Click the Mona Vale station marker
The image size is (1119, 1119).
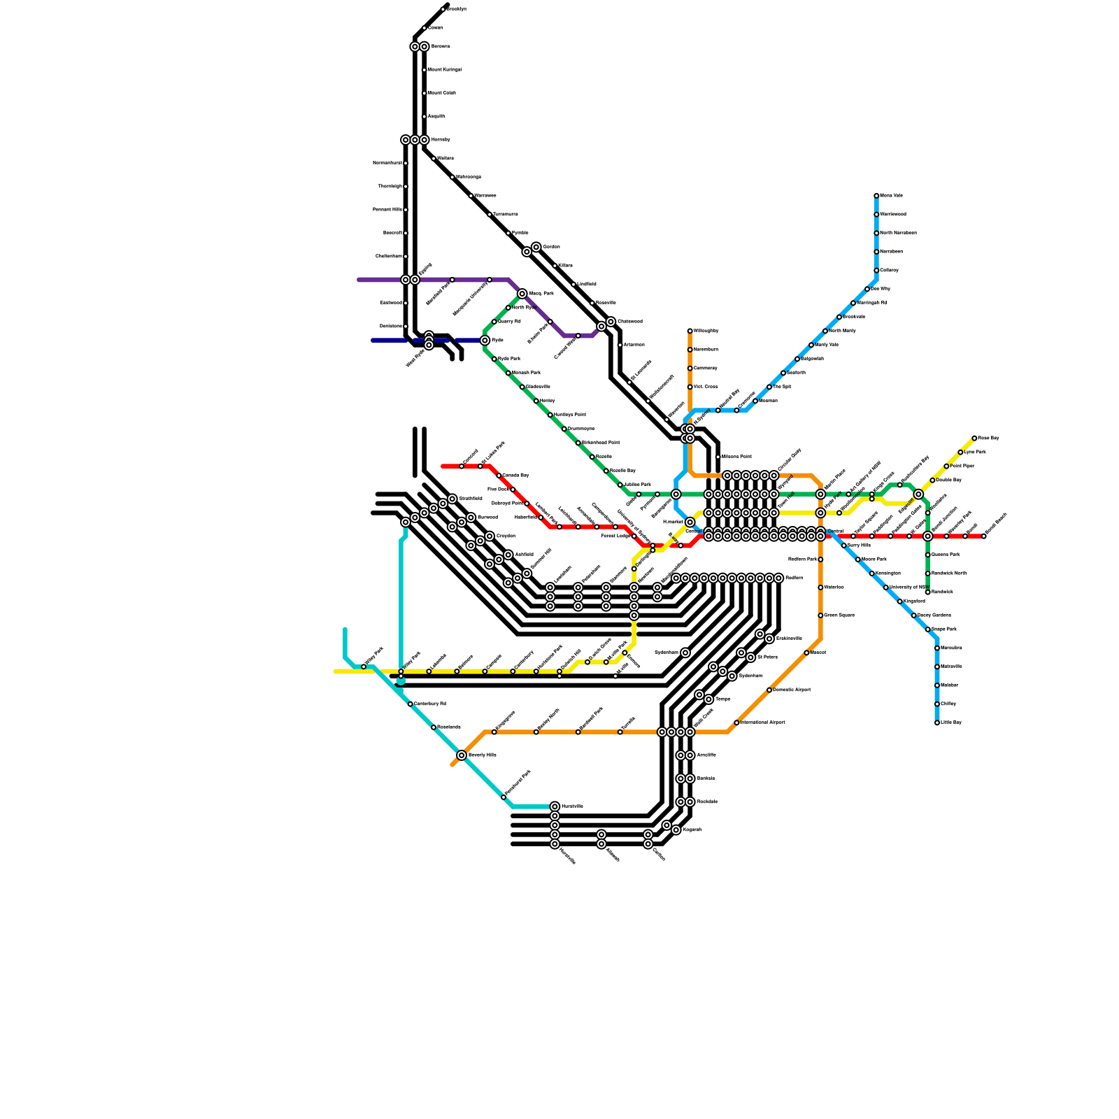pos(876,196)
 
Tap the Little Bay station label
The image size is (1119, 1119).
pos(951,722)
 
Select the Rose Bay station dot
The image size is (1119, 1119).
pos(974,439)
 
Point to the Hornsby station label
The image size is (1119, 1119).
pos(441,140)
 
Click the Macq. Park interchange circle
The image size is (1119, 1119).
pos(522,294)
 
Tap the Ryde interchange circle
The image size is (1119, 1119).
pos(485,341)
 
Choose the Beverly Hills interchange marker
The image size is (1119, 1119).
pos(462,755)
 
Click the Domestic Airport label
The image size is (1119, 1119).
pos(792,690)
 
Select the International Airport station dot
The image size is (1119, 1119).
pos(736,722)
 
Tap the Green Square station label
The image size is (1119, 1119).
pos(839,615)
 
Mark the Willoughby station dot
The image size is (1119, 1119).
pos(690,331)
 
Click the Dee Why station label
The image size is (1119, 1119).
pos(881,289)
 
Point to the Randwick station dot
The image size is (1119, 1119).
pos(927,592)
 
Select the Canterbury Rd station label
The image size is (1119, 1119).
pos(430,704)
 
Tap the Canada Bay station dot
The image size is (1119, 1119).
pos(499,476)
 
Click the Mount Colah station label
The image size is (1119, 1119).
pos(442,93)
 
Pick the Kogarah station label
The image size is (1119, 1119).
pos(692,830)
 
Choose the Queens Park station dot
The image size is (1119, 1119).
pos(927,555)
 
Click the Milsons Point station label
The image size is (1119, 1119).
pos(736,457)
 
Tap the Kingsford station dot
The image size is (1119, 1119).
pos(899,601)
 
